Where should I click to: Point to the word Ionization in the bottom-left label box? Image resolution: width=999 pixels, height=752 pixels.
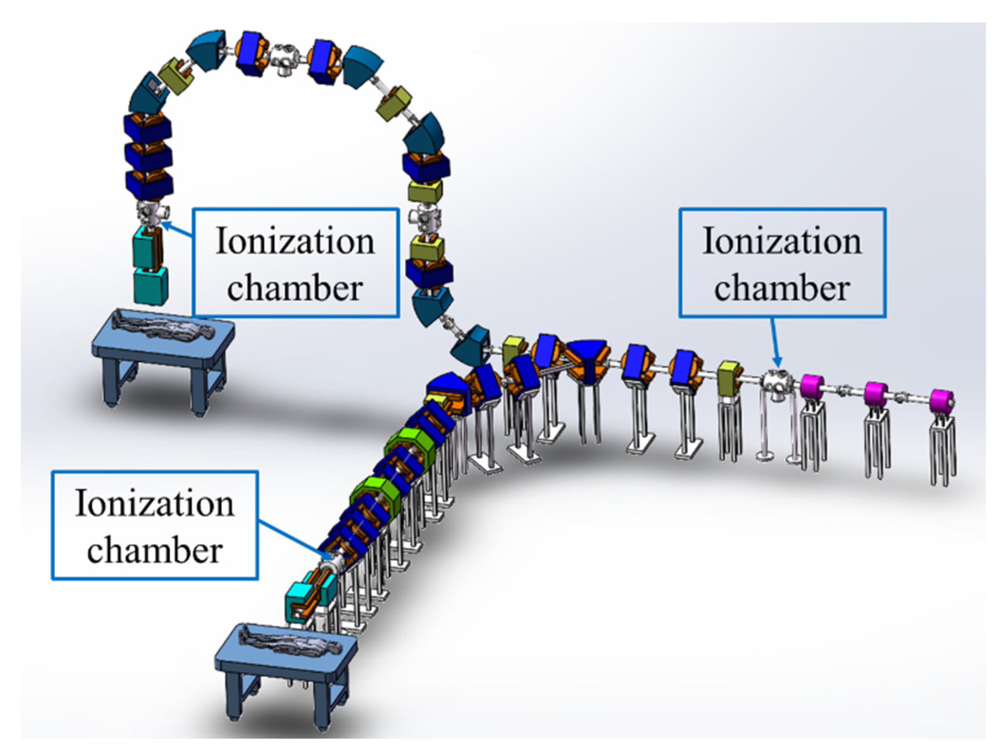(155, 504)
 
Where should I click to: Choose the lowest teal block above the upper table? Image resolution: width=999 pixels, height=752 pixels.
(150, 285)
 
